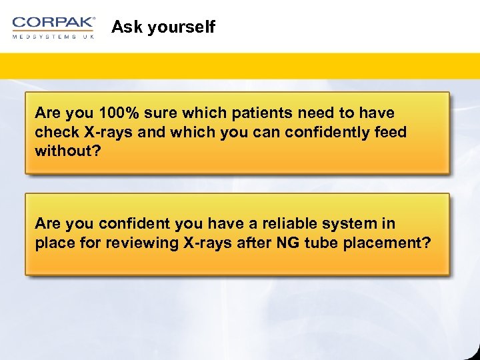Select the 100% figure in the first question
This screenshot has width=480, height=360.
pos(116,113)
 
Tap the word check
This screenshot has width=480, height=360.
pos(57,132)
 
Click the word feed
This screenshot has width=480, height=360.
pos(391,132)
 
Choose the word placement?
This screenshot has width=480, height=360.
pos(387,243)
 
